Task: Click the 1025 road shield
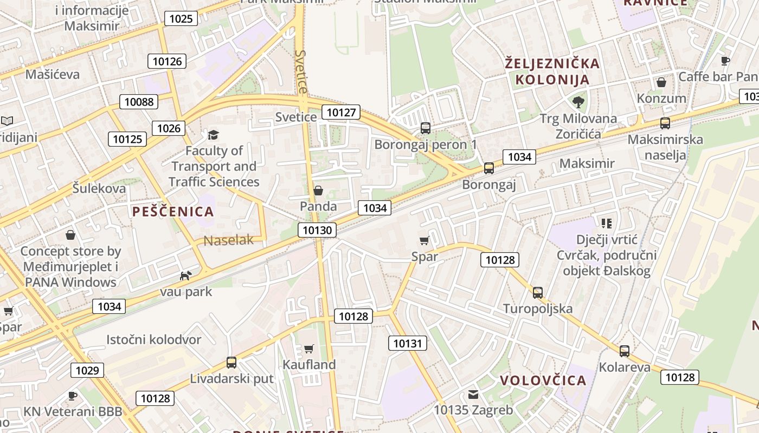coord(181,19)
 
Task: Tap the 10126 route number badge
coord(167,61)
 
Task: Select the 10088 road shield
coord(139,102)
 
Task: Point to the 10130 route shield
coord(317,230)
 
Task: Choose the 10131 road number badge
coord(407,343)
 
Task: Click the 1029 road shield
coord(87,370)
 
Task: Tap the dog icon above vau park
coord(185,275)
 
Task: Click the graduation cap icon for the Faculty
coord(213,135)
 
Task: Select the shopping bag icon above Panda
coord(318,191)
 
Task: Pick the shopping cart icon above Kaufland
coord(309,349)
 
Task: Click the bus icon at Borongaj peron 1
coord(426,128)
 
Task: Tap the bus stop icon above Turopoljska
coord(538,293)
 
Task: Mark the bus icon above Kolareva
coord(625,351)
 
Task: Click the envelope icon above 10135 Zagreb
coord(473,395)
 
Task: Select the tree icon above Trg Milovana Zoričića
coord(578,102)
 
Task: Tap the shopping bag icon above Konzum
coord(661,82)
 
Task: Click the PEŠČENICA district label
coord(173,212)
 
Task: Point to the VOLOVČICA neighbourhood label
coord(543,380)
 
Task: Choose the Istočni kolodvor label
coord(153,340)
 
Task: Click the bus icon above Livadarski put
coord(231,363)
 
